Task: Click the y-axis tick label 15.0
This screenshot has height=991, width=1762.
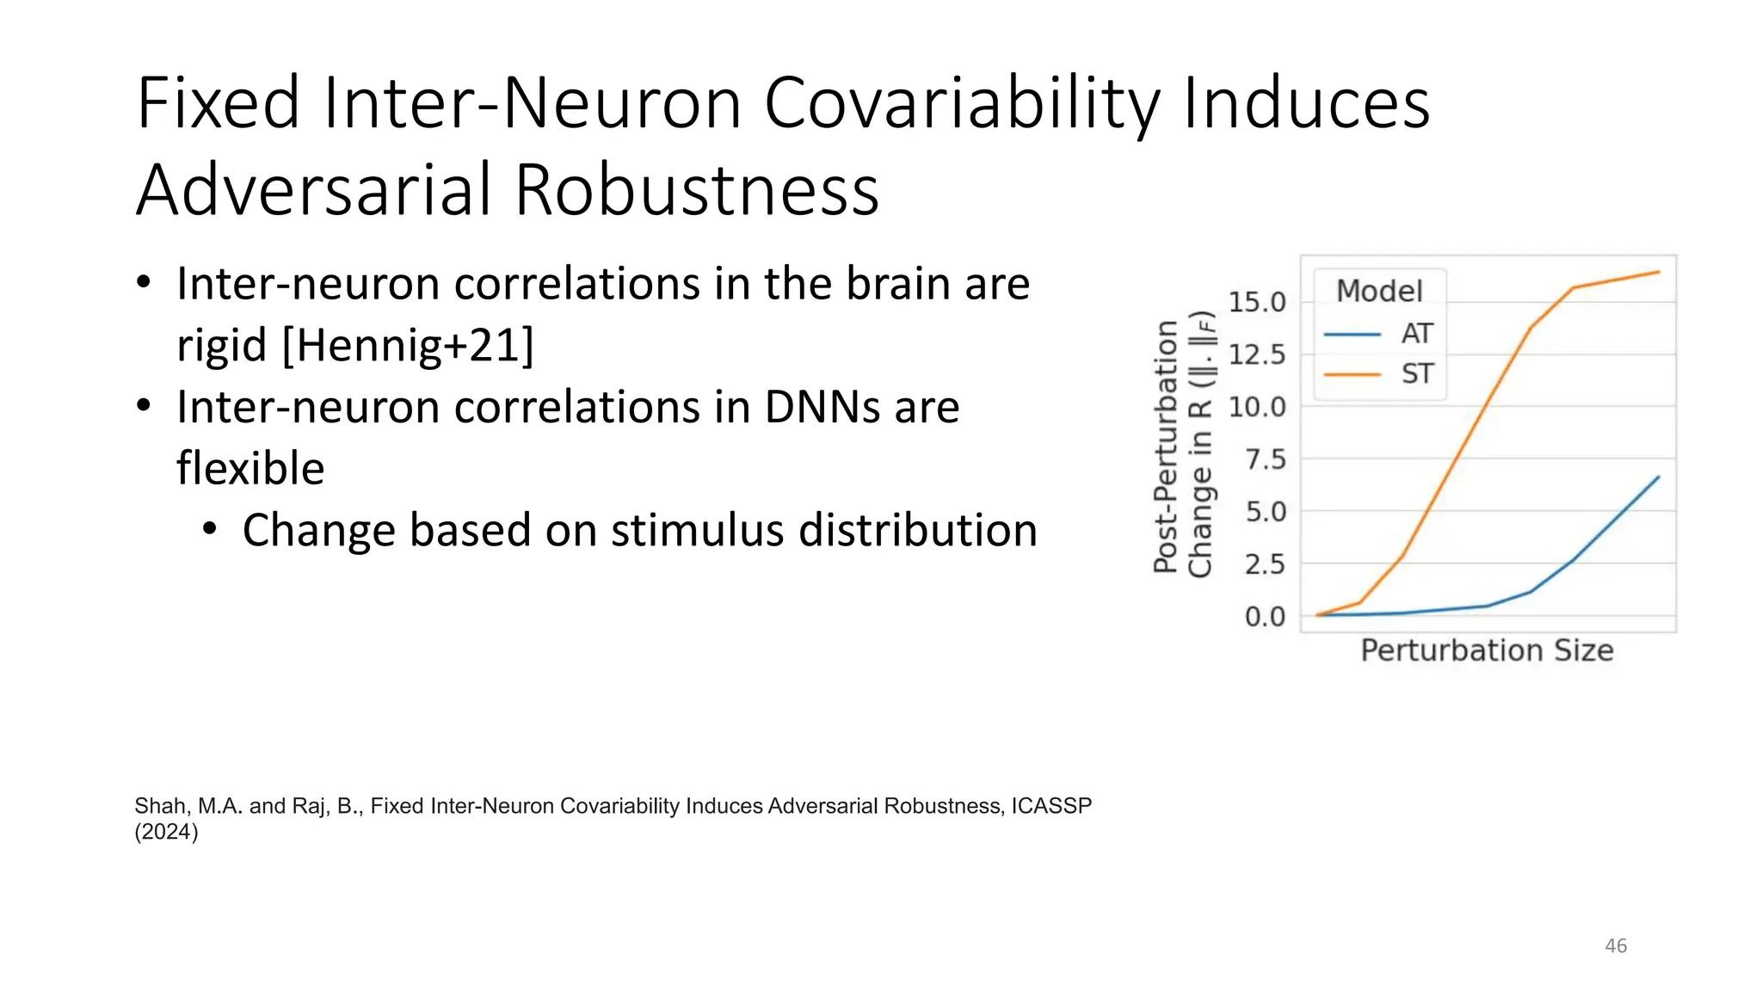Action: point(1256,302)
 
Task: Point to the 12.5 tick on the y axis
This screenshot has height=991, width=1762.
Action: point(1256,354)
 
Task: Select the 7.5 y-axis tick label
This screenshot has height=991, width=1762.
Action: point(1265,459)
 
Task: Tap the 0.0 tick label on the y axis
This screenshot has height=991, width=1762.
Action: point(1265,617)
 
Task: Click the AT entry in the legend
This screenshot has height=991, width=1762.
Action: point(1416,334)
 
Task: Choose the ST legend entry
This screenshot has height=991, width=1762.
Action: point(1416,374)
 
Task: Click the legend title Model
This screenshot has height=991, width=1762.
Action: point(1379,291)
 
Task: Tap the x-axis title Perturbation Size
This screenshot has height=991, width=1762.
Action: point(1487,650)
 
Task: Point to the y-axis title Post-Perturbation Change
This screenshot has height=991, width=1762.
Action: point(1183,447)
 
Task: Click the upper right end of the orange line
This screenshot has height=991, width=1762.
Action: point(1658,272)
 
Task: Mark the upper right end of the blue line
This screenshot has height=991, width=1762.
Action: point(1658,477)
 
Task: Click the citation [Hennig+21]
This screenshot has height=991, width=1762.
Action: point(408,346)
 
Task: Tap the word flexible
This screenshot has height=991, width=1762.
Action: point(250,469)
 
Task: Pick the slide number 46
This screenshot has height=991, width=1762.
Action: point(1616,945)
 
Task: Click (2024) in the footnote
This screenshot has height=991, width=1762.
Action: point(166,832)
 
